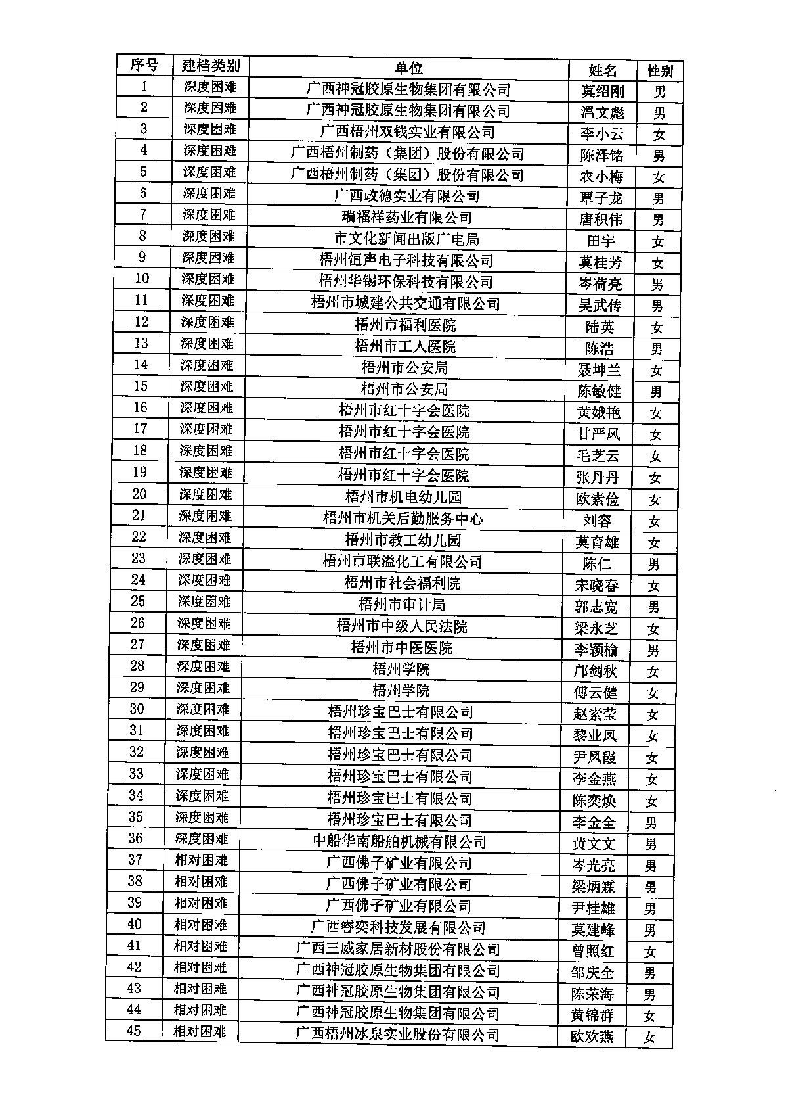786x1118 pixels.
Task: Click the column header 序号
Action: coord(144,64)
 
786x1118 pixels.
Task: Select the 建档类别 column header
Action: coord(210,66)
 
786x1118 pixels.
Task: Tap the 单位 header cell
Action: coord(408,68)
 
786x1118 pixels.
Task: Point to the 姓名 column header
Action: coord(602,70)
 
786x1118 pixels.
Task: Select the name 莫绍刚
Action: coord(602,91)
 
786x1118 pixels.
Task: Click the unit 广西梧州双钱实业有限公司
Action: coord(407,131)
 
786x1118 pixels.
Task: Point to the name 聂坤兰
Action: coord(598,369)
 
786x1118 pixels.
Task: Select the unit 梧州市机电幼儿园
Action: coord(403,497)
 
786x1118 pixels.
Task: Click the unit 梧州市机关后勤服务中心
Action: coord(403,519)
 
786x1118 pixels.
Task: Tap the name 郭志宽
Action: coord(596,606)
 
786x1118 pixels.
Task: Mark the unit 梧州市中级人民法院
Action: coord(402,626)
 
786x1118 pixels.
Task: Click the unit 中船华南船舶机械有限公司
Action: coord(399,841)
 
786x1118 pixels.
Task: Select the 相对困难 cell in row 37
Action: coord(201,860)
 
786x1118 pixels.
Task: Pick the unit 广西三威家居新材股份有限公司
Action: coord(398,949)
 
